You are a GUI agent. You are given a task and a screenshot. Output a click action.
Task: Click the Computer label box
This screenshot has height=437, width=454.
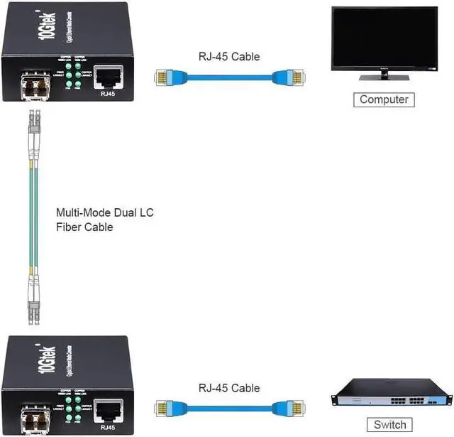[384, 99]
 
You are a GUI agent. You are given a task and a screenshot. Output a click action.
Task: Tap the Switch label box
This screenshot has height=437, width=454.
[389, 425]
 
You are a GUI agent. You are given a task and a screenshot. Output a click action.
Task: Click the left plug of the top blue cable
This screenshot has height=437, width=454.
[165, 76]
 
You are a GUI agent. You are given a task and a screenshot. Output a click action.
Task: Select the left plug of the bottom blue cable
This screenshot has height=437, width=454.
[165, 406]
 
